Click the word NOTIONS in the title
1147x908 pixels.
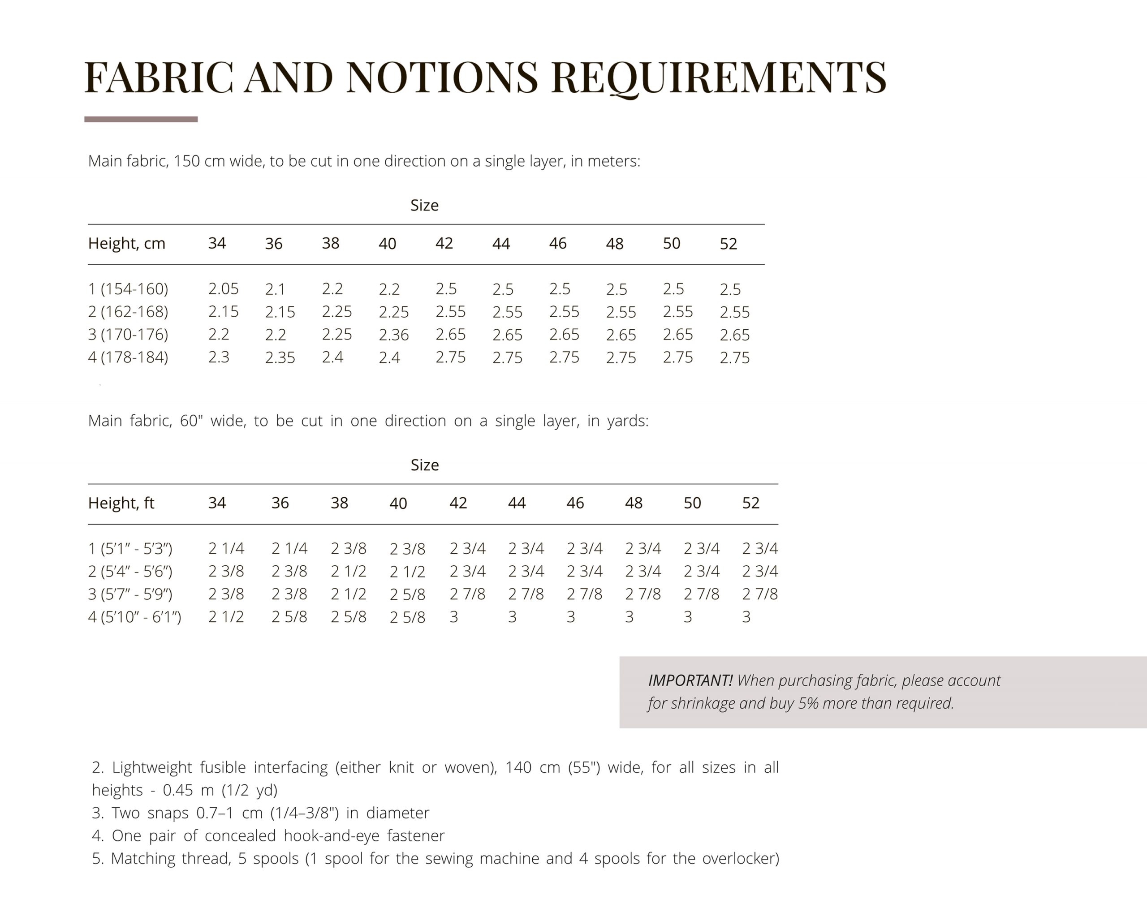442,77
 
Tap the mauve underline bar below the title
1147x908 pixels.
141,119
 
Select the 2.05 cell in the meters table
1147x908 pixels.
223,288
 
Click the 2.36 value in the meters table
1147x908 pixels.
393,334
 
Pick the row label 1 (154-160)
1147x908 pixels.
128,288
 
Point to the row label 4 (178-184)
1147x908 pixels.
128,357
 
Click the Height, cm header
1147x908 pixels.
126,244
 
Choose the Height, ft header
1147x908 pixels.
121,503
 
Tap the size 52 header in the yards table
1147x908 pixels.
750,503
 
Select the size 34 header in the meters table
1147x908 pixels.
217,244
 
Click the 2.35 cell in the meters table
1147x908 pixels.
280,357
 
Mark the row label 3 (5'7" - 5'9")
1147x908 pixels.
130,594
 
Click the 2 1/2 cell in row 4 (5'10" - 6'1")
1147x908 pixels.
226,617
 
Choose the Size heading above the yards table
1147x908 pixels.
424,465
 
